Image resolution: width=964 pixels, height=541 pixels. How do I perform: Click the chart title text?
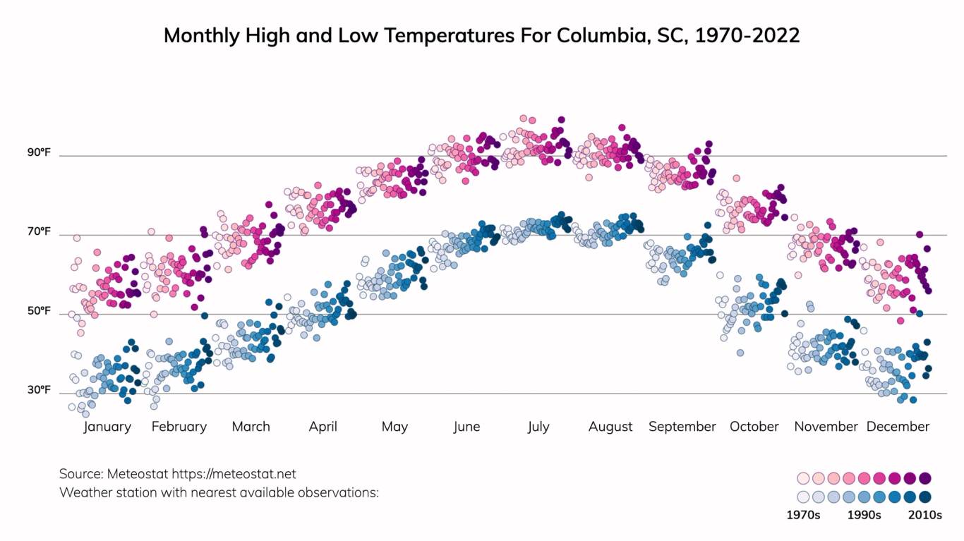482,35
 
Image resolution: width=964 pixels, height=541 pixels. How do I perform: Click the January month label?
107,427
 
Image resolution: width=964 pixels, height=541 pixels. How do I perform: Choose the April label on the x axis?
323,427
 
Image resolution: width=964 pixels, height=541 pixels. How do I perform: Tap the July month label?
538,427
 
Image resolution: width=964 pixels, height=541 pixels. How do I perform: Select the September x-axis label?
682,427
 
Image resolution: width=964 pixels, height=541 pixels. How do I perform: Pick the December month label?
898,427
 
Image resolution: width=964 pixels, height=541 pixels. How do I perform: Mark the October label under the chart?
754,427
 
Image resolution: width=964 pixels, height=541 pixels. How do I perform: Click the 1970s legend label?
803,515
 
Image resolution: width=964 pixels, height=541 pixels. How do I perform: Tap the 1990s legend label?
864,515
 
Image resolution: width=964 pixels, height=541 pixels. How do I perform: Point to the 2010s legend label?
924,515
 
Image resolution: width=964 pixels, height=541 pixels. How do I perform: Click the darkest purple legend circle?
925,478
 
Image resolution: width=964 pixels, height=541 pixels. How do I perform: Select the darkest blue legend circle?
925,497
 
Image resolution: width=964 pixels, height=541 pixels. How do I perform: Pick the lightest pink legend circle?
803,478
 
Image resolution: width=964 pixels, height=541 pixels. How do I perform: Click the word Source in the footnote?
81,474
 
